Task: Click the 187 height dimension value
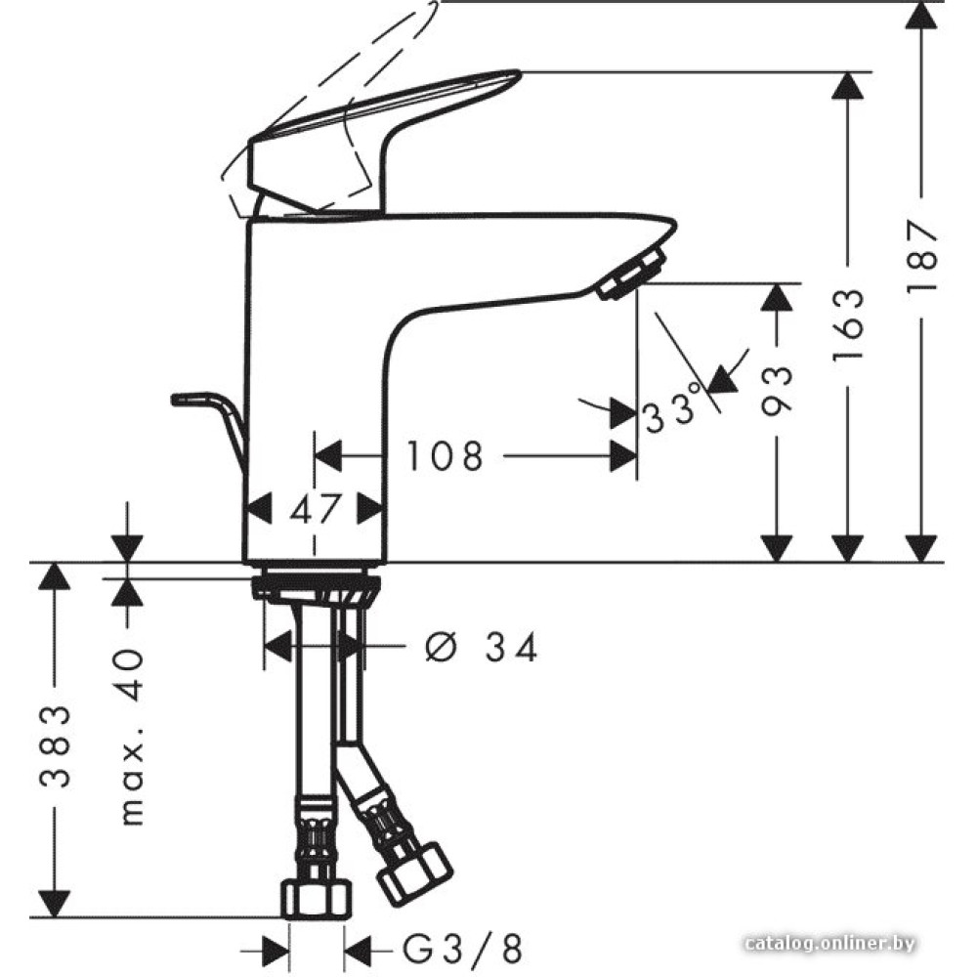point(921,254)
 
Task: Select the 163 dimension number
point(849,325)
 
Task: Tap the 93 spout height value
point(777,390)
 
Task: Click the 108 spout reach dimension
point(445,455)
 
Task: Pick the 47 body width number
point(317,509)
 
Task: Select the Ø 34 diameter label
point(481,648)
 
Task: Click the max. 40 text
point(132,737)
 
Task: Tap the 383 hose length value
point(55,746)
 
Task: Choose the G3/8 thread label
point(461,949)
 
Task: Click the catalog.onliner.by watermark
point(829,944)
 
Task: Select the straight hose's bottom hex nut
point(317,899)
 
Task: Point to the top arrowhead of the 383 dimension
point(55,576)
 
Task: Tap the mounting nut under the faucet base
point(316,587)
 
